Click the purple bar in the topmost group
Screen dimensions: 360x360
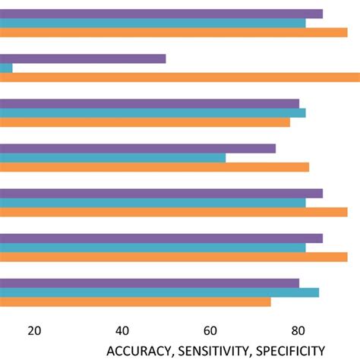coord(161,14)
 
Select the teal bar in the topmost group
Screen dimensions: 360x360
coord(152,23)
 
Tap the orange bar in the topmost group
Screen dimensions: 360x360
coord(173,32)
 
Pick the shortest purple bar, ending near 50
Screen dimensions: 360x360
coord(83,58)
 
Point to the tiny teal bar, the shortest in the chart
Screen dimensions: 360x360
coord(6,68)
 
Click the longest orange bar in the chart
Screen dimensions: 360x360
coord(179,77)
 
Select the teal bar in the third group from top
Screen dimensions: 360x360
coord(152,112)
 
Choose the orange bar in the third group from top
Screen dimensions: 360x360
coord(144,122)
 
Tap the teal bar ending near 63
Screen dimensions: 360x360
coord(112,157)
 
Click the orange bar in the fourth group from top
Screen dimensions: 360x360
coord(154,166)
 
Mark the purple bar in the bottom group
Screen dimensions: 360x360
coord(150,283)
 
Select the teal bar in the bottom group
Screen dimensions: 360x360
coord(159,292)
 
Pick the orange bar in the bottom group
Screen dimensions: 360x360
coord(135,302)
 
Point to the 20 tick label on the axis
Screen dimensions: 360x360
coord(34,330)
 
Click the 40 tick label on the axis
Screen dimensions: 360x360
coord(122,330)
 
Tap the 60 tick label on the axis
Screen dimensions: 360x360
coord(210,330)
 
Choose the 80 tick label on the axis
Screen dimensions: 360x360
coord(298,330)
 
